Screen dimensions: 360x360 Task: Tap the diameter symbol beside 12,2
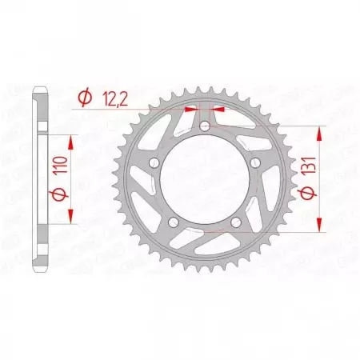tap(83, 98)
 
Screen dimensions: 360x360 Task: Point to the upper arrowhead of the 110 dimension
tap(73, 141)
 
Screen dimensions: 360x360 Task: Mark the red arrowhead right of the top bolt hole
tap(218, 107)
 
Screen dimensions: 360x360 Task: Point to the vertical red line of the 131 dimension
tap(321, 180)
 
